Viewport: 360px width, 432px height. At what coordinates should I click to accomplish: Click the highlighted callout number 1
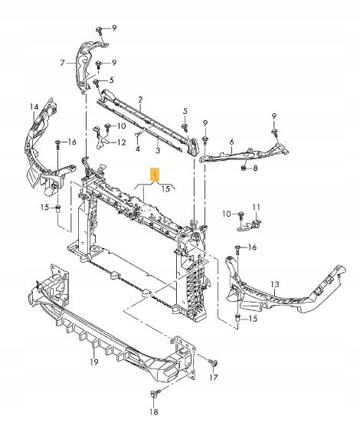point(155,174)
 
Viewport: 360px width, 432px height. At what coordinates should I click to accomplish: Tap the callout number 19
point(94,362)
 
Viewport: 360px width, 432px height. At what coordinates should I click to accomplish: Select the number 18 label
point(154,412)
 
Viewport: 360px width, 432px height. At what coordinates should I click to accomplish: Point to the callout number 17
point(214,377)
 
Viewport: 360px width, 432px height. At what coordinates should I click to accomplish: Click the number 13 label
point(275,283)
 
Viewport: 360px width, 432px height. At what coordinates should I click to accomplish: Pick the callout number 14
point(34,106)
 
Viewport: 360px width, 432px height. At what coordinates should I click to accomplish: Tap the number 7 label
point(62,63)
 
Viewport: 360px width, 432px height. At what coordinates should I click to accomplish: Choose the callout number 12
point(122,142)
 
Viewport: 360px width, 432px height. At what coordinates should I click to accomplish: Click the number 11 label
point(257,207)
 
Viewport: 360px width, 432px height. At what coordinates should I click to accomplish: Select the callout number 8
point(255,168)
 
